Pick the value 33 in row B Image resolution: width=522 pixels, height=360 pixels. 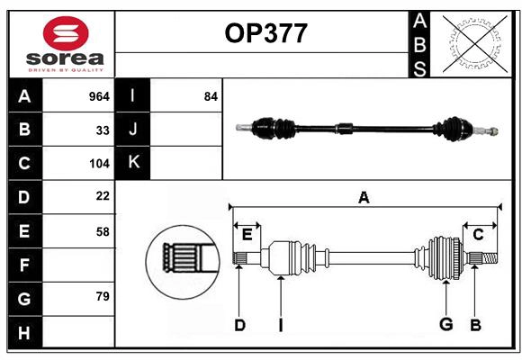pos(103,130)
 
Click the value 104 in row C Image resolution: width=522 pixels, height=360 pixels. pos(99,164)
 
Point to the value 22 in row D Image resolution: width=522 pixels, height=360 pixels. pos(103,196)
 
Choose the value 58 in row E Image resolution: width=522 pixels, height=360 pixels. pos(103,231)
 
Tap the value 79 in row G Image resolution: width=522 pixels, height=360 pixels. pos(103,296)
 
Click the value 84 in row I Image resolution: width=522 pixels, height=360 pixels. pos(211,95)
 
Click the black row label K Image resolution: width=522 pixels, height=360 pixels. pos(133,163)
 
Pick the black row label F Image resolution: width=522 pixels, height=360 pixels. pos(24,265)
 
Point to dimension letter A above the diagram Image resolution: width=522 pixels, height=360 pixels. pos(364,197)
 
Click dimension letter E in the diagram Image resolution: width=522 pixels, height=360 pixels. pos(247,235)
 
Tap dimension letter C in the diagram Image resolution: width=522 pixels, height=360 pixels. pos(479,235)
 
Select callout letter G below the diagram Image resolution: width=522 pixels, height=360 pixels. pos(445,325)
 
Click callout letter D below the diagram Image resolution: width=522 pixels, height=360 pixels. pos(239,325)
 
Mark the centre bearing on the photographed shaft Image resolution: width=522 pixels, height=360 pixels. pos(346,130)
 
